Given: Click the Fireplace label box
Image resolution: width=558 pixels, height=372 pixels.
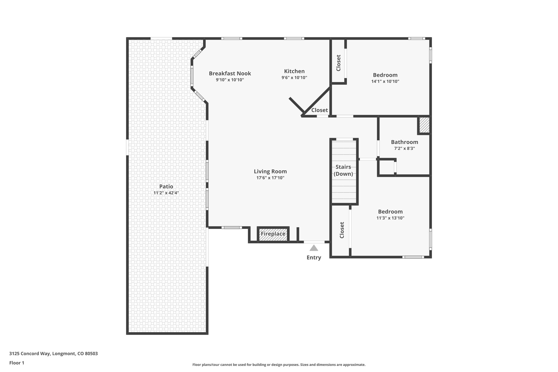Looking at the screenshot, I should click(x=273, y=234).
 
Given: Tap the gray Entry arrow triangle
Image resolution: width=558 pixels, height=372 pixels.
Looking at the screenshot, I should click(x=314, y=248).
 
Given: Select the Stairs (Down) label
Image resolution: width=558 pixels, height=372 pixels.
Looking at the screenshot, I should click(x=343, y=170).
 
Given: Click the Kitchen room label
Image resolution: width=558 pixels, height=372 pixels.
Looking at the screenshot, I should click(x=294, y=71).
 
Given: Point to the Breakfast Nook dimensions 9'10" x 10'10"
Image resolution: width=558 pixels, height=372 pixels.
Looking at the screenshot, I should click(x=230, y=80).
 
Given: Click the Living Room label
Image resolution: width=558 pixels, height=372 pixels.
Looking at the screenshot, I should click(x=270, y=171).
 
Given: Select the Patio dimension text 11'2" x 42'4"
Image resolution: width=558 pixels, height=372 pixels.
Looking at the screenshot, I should click(x=166, y=193).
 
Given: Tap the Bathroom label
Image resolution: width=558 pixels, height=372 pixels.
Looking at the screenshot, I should click(x=404, y=142).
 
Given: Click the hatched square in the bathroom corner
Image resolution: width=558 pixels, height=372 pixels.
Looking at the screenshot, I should click(x=424, y=125).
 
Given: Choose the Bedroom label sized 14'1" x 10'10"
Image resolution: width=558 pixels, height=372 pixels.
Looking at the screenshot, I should click(x=385, y=75).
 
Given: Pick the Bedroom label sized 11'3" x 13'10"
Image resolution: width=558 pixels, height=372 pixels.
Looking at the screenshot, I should click(x=390, y=211).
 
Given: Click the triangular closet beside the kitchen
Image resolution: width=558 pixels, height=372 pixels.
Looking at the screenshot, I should click(x=319, y=110).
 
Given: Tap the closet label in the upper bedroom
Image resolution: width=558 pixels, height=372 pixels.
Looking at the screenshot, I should click(x=338, y=63).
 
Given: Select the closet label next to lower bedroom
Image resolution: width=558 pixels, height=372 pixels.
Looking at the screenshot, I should click(x=342, y=230).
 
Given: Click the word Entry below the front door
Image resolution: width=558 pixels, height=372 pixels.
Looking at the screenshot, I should click(x=314, y=258).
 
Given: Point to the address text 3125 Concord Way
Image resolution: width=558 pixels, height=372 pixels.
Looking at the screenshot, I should click(x=53, y=354).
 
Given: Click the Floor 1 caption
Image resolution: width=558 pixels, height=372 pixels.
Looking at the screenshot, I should click(x=17, y=363).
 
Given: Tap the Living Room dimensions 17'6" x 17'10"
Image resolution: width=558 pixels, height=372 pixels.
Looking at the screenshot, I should click(x=270, y=178).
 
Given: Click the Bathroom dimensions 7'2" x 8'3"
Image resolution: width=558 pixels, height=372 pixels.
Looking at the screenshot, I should click(x=404, y=149).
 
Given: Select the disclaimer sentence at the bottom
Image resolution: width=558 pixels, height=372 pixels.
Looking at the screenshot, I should click(x=279, y=365).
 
